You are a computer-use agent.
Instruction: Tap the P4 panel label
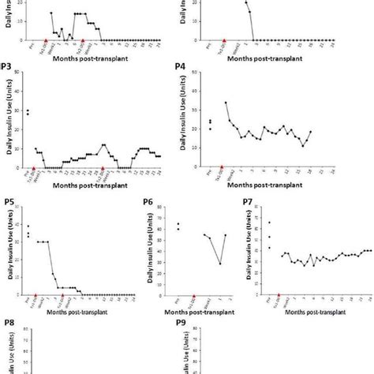point(180,69)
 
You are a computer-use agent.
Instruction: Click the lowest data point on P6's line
point(220,264)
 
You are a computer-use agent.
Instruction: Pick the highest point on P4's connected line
point(226,103)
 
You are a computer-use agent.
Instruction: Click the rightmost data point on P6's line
point(226,235)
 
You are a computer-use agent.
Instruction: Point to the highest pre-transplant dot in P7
point(269,223)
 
